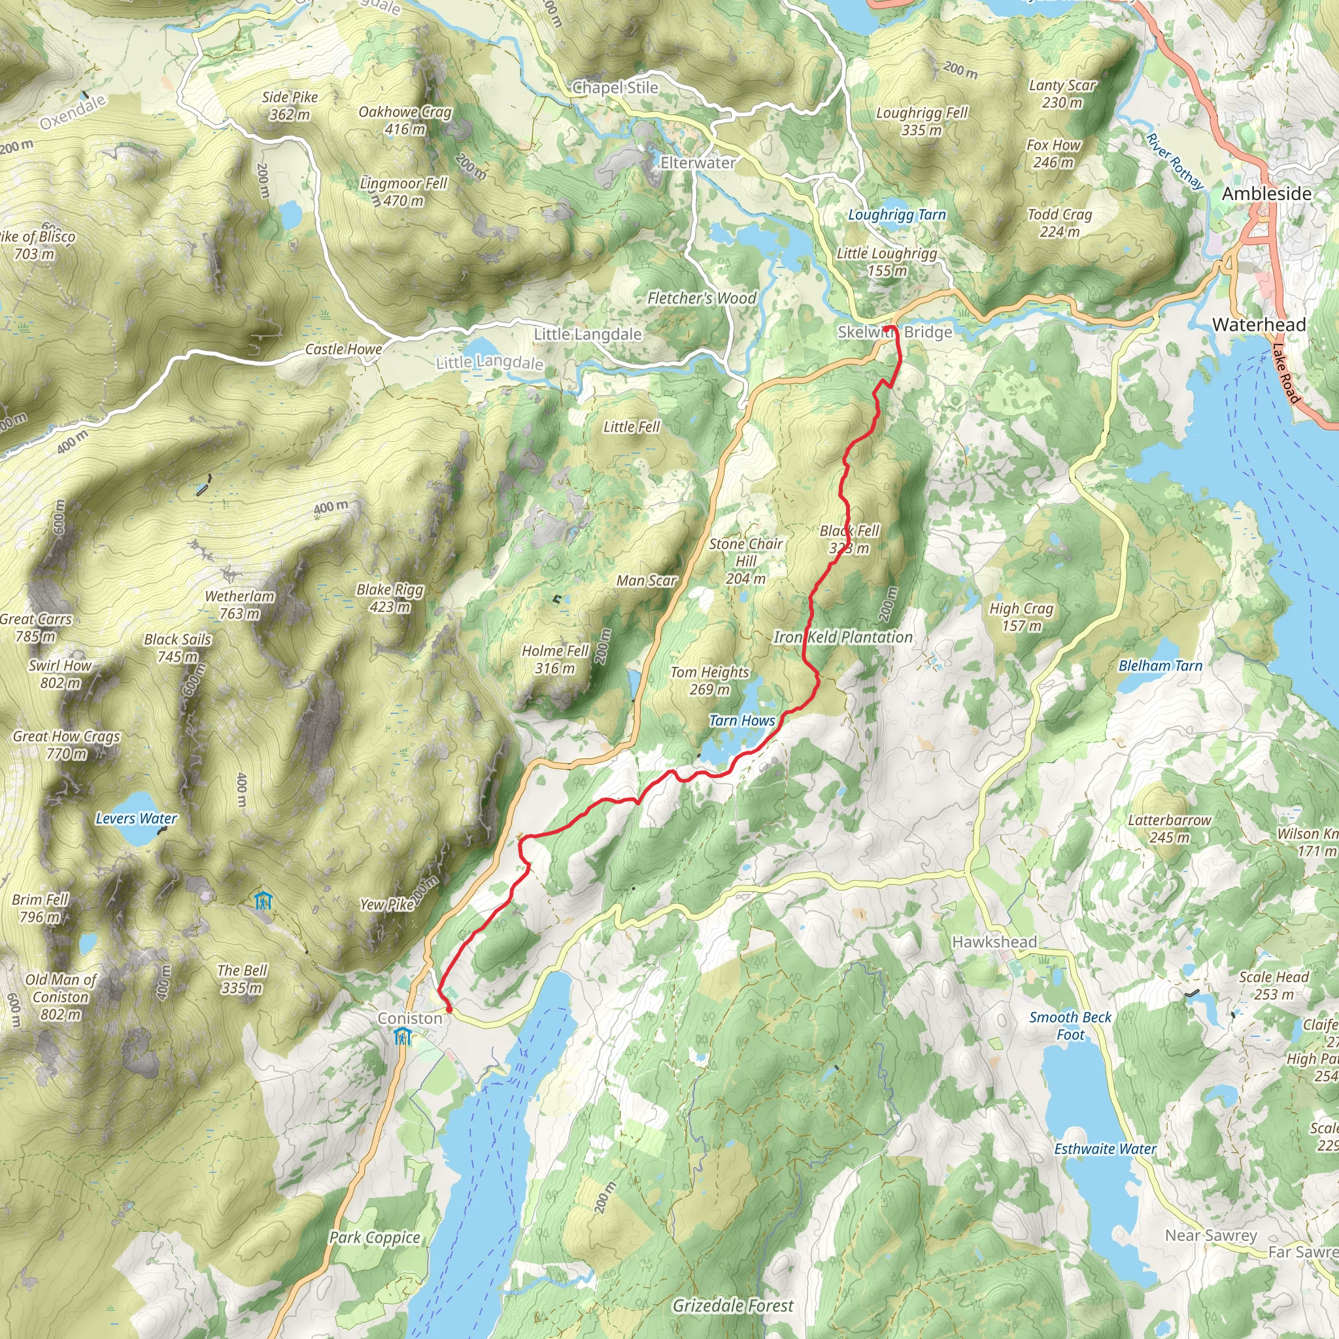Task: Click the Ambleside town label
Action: tap(1266, 194)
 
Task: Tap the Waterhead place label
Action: tap(1259, 324)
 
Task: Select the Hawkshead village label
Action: tap(994, 942)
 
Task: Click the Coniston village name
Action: tap(409, 1018)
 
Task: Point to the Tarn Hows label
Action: tap(741, 720)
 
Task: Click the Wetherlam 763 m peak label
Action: tap(240, 604)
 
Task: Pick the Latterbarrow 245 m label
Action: tap(1169, 828)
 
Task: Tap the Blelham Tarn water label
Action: tap(1161, 666)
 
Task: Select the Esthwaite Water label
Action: tap(1105, 1149)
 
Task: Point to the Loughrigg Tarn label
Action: tap(897, 215)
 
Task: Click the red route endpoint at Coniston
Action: tap(449, 1009)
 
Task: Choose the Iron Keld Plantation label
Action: tap(843, 637)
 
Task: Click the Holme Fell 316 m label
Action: tap(554, 659)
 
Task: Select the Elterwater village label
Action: tap(697, 163)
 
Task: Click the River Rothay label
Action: tap(1176, 161)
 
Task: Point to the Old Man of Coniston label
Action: tap(60, 996)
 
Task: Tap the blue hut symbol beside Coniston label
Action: tap(403, 1038)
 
